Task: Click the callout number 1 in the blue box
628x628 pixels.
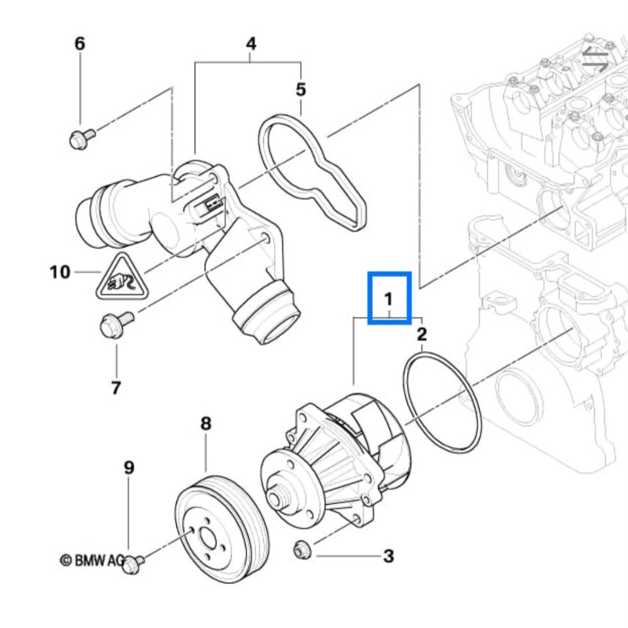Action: click(x=389, y=298)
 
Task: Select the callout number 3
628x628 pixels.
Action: click(x=389, y=556)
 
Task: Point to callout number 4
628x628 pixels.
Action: click(x=251, y=44)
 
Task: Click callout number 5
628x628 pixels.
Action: click(x=301, y=90)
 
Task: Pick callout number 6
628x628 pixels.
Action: click(x=80, y=44)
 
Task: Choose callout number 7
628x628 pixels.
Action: click(x=116, y=388)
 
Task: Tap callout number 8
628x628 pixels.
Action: click(x=206, y=424)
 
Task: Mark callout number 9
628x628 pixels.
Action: click(x=128, y=468)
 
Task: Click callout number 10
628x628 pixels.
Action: click(x=60, y=273)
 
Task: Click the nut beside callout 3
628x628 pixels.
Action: click(x=301, y=549)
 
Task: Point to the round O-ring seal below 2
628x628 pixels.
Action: click(x=442, y=402)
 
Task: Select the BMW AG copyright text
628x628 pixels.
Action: click(x=91, y=560)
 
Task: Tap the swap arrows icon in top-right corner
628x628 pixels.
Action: click(x=595, y=59)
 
